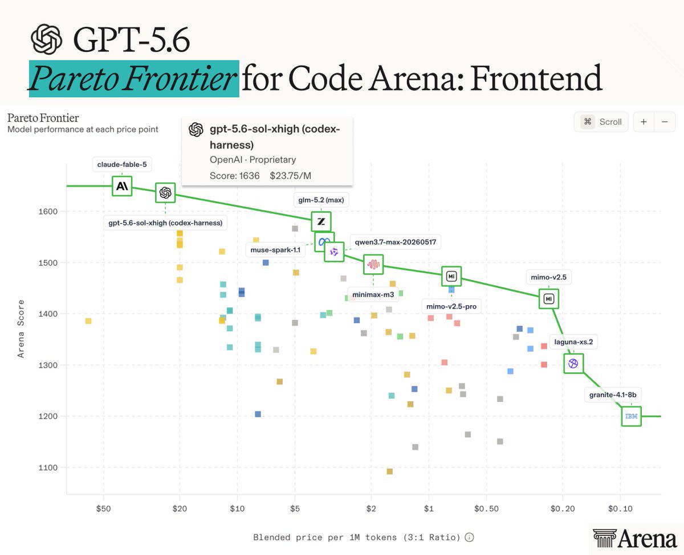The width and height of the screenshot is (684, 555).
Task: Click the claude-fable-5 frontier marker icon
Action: (x=122, y=186)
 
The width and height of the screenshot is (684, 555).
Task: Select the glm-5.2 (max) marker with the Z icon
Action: (x=321, y=221)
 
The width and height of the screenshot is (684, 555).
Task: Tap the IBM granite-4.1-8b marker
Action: (x=632, y=416)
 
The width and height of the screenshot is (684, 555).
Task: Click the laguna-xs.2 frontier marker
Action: (x=573, y=363)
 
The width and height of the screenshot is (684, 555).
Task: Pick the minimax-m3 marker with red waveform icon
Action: (x=373, y=265)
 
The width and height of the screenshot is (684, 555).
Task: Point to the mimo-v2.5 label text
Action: (x=548, y=277)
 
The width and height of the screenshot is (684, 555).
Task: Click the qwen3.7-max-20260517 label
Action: (x=396, y=242)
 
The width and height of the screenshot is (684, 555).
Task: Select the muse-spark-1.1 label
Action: (x=275, y=250)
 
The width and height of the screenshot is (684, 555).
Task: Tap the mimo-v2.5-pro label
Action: (x=451, y=306)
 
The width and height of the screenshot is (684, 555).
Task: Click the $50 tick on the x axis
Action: (x=103, y=509)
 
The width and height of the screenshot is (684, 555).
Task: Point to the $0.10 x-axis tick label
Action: (x=620, y=509)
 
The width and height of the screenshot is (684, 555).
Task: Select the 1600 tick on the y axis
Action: (x=48, y=212)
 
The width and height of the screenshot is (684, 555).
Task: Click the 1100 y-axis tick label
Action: (x=48, y=467)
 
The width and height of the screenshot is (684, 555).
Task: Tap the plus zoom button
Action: (x=644, y=122)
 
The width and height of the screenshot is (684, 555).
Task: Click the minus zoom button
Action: (x=665, y=122)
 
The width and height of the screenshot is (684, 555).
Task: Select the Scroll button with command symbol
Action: (x=601, y=122)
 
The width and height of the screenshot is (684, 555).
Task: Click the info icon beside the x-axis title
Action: (x=469, y=537)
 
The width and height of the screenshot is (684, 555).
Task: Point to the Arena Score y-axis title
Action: (x=21, y=328)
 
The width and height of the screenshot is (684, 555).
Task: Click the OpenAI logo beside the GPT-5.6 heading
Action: (x=47, y=39)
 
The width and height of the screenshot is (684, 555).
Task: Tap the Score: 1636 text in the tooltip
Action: (x=234, y=176)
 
